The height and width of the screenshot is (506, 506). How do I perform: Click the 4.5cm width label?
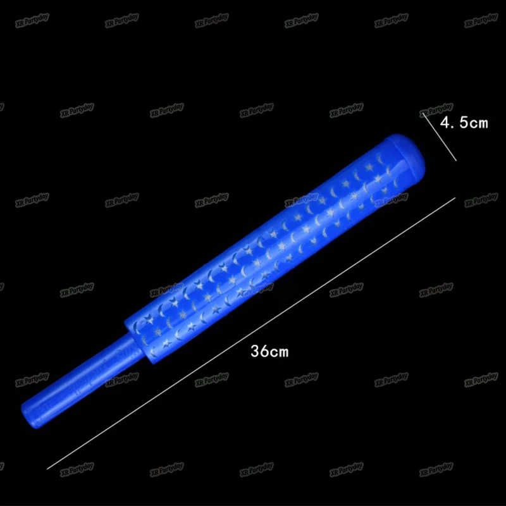coord(464,123)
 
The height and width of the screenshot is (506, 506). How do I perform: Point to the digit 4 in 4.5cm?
coord(446,123)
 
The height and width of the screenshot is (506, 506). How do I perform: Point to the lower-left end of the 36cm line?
coord(48,469)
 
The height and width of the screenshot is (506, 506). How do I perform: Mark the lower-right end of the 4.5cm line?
coord(456,161)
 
